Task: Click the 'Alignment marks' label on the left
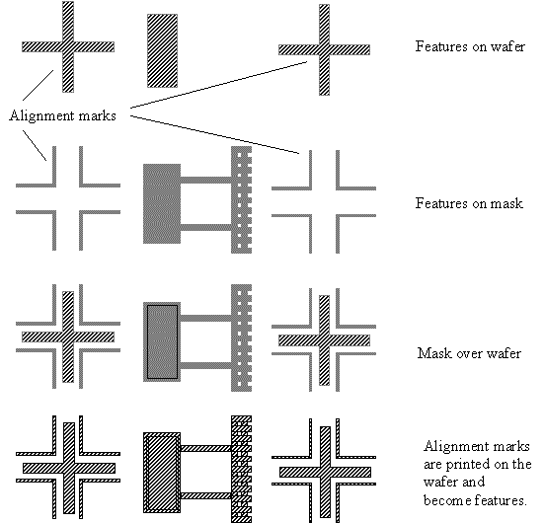point(63,115)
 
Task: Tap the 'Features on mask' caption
point(469,203)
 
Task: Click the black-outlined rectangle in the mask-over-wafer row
point(162,341)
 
